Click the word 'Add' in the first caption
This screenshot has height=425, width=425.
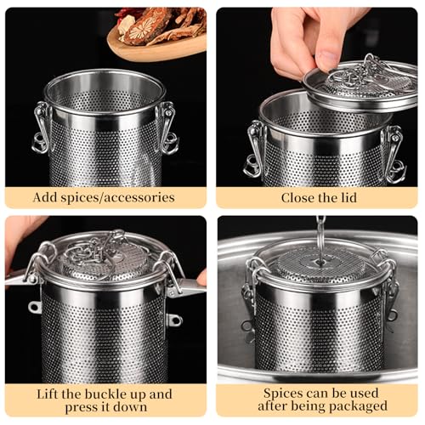(45, 197)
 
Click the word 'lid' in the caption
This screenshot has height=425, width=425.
(348, 197)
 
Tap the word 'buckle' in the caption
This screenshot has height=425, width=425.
(107, 394)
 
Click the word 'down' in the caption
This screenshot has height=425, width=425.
(130, 407)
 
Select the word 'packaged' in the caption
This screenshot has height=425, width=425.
(359, 406)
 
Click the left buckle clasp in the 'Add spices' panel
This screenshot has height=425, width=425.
(42, 127)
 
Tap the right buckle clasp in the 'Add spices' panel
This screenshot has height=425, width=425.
(167, 128)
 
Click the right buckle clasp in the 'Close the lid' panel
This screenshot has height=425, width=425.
(394, 155)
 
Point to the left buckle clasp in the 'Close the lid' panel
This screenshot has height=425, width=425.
(255, 150)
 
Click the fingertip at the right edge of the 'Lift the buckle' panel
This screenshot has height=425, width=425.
(202, 278)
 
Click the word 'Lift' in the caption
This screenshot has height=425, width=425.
(48, 394)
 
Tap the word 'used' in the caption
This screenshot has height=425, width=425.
(364, 394)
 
